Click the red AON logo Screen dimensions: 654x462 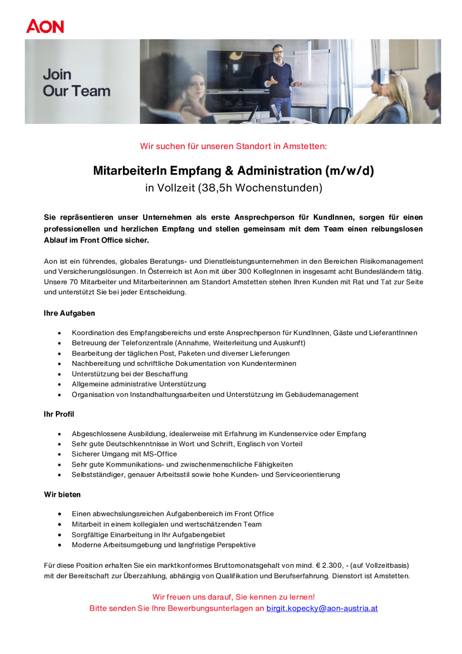pyautogui.click(x=45, y=26)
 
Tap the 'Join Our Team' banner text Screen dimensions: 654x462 pyautogui.click(x=76, y=83)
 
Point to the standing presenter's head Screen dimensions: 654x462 pyautogui.click(x=277, y=52)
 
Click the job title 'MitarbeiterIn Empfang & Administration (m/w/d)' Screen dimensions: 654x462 pyautogui.click(x=233, y=171)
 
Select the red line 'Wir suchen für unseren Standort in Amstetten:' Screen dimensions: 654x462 pyautogui.click(x=233, y=146)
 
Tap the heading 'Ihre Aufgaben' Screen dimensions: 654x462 pyautogui.click(x=69, y=313)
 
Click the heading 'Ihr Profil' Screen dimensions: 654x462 pyautogui.click(x=59, y=414)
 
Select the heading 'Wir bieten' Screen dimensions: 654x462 pyautogui.click(x=62, y=495)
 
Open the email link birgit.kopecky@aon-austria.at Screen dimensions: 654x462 pyautogui.click(x=322, y=608)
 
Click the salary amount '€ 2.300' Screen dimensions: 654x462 pyautogui.click(x=329, y=566)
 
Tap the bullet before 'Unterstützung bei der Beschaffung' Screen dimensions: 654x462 pyautogui.click(x=59, y=374)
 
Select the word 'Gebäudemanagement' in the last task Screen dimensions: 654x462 pyautogui.click(x=322, y=395)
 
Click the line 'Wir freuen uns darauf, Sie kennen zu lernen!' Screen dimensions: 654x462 pyautogui.click(x=234, y=597)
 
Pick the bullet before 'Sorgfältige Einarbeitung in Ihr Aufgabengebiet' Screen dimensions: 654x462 pyautogui.click(x=59, y=535)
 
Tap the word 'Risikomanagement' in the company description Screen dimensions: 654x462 pyautogui.click(x=391, y=262)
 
